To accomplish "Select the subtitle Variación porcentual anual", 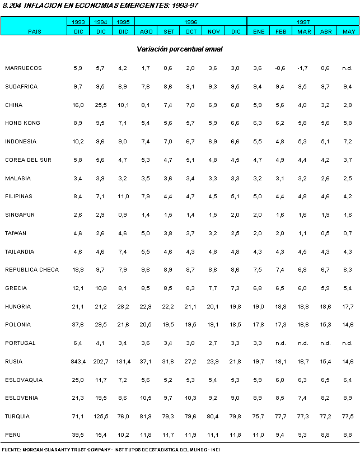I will pos(180,49).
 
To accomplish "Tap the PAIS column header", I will pos(35,31).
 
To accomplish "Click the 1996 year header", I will pos(190,22).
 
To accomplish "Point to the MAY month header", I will pos(347,31).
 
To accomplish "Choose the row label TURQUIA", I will pos(17,416).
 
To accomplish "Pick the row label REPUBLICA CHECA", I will pos(31,270).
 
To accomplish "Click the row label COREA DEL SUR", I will pos(28,160).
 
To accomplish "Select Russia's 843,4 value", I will pos(77,361).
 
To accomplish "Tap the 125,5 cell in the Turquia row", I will pos(101,416).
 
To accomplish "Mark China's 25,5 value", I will pos(101,105).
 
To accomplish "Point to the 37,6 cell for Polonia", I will pos(78,324).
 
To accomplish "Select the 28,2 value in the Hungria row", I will pos(123,306).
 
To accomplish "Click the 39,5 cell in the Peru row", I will pos(78,435).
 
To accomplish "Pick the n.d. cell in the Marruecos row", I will pos(347,68).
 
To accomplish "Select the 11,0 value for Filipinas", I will pos(123,197).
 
